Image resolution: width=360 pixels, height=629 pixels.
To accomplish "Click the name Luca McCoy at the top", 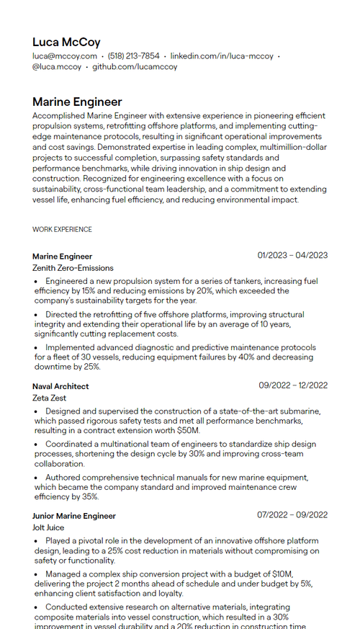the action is tap(66, 43).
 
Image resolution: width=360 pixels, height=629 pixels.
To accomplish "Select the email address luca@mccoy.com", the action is tap(65, 56).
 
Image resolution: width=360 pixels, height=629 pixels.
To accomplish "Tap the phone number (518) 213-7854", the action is tap(133, 56).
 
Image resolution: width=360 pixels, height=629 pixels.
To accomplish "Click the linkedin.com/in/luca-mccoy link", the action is tap(222, 56).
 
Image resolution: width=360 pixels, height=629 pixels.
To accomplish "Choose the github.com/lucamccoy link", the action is tap(135, 67).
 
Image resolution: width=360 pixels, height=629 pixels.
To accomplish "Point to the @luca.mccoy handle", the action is tap(57, 67).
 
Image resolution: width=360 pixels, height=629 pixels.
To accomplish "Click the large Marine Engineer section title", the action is tap(77, 102).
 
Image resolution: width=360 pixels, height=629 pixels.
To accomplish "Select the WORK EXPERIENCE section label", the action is tap(62, 230).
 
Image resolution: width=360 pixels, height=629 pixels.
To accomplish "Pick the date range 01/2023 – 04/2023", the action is tap(292, 255).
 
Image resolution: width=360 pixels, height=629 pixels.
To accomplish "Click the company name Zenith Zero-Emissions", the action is tap(73, 268).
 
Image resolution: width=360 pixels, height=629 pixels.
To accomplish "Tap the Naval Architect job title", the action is tap(60, 386).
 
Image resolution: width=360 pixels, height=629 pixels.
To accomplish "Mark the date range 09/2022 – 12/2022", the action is tap(293, 385).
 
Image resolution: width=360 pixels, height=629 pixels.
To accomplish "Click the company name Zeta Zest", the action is tap(49, 398).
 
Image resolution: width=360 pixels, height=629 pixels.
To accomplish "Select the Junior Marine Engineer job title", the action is tap(73, 516).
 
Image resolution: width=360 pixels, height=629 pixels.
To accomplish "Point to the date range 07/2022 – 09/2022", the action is tap(292, 515).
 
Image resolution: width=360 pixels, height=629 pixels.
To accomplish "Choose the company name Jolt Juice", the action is tap(48, 527).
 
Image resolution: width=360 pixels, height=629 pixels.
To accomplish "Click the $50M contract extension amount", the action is tap(188, 431).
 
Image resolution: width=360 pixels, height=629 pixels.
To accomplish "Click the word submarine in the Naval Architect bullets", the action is tap(300, 411).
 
